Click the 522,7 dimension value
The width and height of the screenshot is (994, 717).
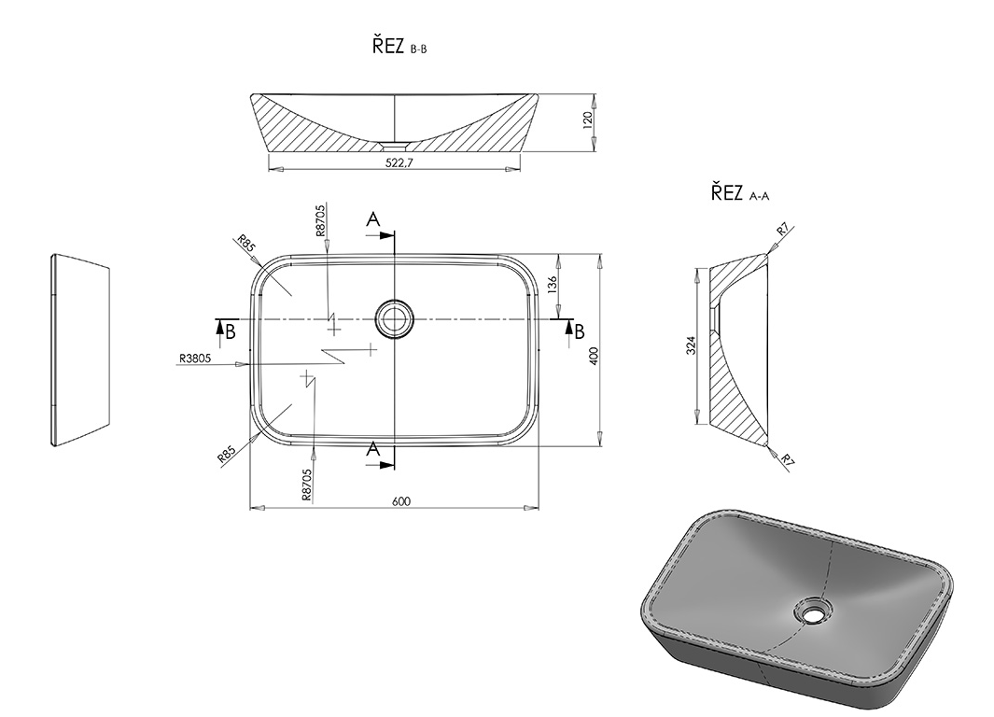point(399,162)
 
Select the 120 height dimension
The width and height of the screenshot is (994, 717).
point(587,119)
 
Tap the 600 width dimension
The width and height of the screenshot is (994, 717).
point(401,501)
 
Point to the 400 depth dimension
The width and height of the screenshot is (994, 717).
point(594,355)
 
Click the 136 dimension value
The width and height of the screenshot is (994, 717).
point(552,284)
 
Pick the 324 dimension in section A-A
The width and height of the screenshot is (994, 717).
point(692,345)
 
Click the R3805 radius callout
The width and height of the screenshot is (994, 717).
point(195,358)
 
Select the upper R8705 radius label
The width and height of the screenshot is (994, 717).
point(320,220)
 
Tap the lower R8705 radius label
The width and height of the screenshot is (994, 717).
point(307,485)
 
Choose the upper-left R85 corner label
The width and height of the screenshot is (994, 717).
point(246,243)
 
